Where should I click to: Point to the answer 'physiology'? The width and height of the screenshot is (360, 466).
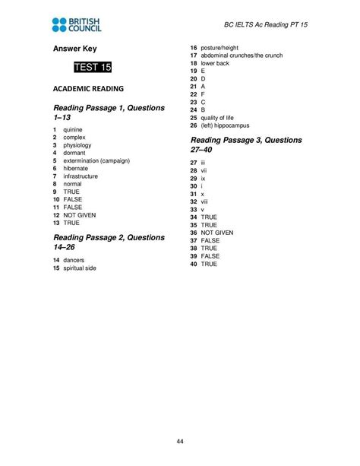point(78,145)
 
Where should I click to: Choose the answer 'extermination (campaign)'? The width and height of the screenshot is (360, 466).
point(96,160)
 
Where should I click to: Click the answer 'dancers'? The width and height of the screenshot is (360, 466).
point(74,260)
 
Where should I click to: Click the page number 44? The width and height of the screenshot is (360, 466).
point(180,442)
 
